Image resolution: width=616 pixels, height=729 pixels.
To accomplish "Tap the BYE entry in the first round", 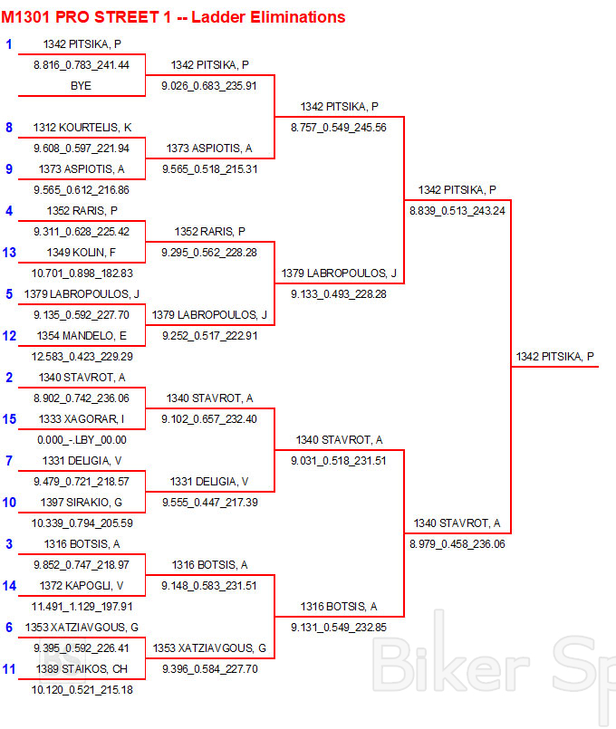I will tap(82, 86).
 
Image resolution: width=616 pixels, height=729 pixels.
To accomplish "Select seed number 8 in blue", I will tap(9, 128).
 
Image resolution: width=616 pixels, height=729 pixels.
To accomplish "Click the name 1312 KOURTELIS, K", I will tap(82, 128).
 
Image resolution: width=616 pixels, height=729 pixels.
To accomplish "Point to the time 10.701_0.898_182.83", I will tap(82, 273).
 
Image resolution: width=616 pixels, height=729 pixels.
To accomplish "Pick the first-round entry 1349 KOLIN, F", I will tap(82, 252).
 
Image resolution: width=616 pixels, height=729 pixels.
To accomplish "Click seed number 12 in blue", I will tap(9, 335).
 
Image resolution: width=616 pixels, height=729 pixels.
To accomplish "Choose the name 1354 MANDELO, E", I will tap(82, 335).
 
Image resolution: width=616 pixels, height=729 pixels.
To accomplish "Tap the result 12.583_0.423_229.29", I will tap(82, 356).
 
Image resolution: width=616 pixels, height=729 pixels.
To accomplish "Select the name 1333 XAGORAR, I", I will tap(82, 418).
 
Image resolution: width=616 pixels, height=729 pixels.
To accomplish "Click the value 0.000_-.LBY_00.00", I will tap(82, 439).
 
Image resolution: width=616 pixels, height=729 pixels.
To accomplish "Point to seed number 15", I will tap(9, 418).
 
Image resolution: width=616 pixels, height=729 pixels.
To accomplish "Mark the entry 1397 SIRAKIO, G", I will tap(82, 502).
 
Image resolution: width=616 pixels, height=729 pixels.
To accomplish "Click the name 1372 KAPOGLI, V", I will tap(82, 585).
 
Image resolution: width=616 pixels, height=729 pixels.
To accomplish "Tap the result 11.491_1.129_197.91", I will tap(82, 606).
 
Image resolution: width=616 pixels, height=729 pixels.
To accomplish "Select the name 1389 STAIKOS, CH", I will tap(82, 668).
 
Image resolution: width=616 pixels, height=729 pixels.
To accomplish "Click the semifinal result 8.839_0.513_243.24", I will tap(457, 210).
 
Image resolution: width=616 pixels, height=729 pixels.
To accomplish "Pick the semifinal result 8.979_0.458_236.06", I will tap(457, 543).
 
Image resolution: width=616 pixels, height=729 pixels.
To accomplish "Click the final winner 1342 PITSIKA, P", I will tap(555, 357).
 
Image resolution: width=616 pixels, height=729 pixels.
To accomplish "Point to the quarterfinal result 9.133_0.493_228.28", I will tap(339, 293).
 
